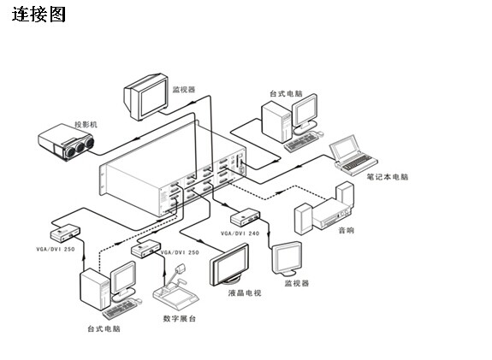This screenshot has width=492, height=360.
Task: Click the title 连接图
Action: coord(39,15)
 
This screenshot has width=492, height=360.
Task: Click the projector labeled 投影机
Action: coord(66,142)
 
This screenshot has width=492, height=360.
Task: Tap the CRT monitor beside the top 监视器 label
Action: coord(146,97)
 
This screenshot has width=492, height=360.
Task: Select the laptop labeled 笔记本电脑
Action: coord(353,155)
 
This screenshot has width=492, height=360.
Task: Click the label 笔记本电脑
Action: coord(388,177)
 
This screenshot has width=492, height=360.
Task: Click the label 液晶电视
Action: coord(245,293)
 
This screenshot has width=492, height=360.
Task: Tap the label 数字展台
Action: coord(180,319)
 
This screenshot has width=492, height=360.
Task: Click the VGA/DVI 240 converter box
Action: coord(245,217)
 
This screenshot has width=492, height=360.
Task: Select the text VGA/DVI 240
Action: coord(240,233)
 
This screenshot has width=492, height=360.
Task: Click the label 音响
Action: coord(346,231)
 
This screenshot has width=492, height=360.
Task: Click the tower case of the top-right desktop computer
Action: coord(277,122)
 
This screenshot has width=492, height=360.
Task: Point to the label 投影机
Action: coord(86,125)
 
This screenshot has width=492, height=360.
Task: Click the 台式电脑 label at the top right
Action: coord(286,93)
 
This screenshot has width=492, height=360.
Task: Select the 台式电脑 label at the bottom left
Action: coord(104,328)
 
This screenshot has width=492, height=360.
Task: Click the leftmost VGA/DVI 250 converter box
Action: coord(65,233)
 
